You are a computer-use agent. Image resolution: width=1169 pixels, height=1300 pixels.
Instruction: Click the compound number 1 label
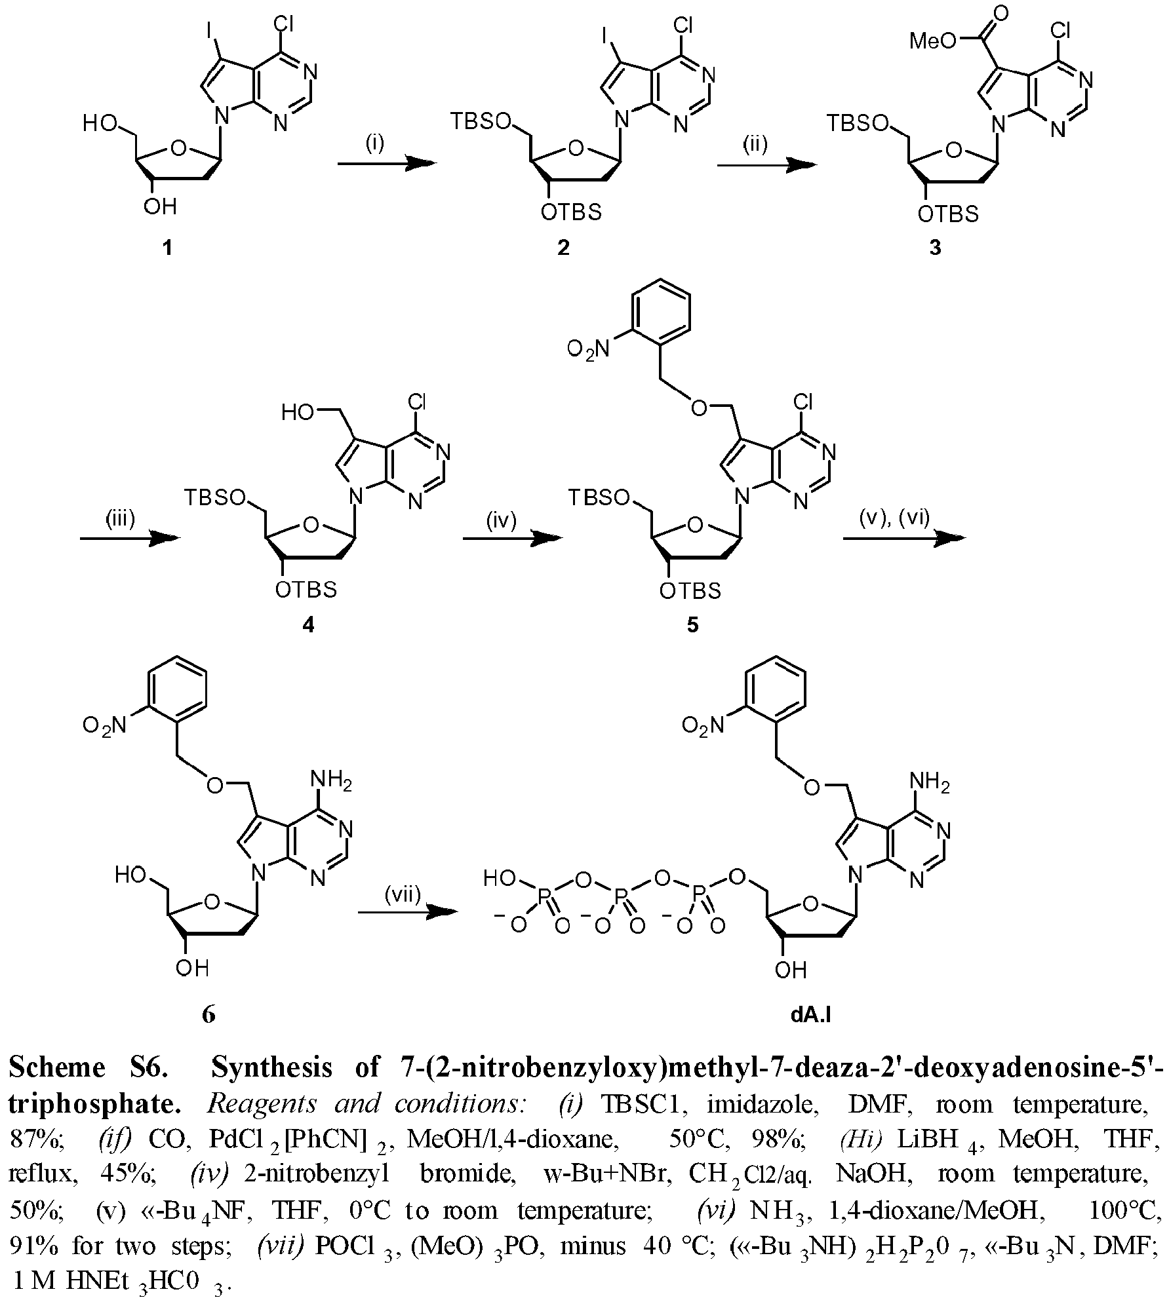(168, 248)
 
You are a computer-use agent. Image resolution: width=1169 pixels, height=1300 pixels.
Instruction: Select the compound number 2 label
(563, 248)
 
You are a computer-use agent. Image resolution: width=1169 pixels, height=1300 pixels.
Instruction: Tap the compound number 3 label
(936, 248)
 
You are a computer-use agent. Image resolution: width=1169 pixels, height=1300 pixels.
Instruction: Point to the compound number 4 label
(307, 624)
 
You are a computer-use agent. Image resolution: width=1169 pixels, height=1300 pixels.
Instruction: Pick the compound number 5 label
(692, 625)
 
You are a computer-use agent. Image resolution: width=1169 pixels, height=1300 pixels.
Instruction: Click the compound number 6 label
(208, 1014)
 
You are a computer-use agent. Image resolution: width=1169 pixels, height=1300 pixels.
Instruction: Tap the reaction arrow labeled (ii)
(767, 166)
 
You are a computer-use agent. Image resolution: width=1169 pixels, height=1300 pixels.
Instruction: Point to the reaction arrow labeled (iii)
(130, 539)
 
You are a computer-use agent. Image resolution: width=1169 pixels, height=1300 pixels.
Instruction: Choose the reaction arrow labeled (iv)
(513, 539)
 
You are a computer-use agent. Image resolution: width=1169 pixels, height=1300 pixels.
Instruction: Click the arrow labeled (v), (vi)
(904, 539)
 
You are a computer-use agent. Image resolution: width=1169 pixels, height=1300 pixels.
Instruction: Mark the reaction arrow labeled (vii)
(407, 911)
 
